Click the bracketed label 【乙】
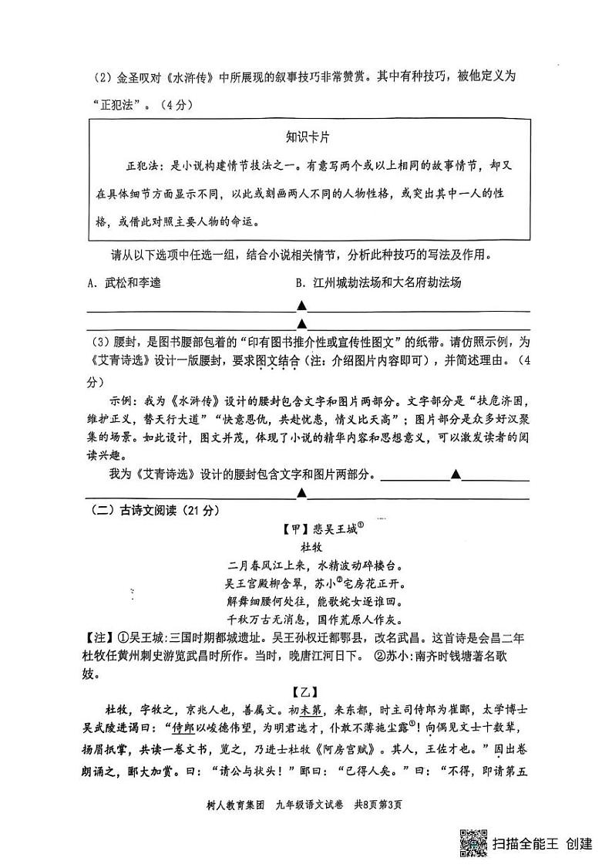pos(306,692)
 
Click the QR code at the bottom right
pos(472,843)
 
